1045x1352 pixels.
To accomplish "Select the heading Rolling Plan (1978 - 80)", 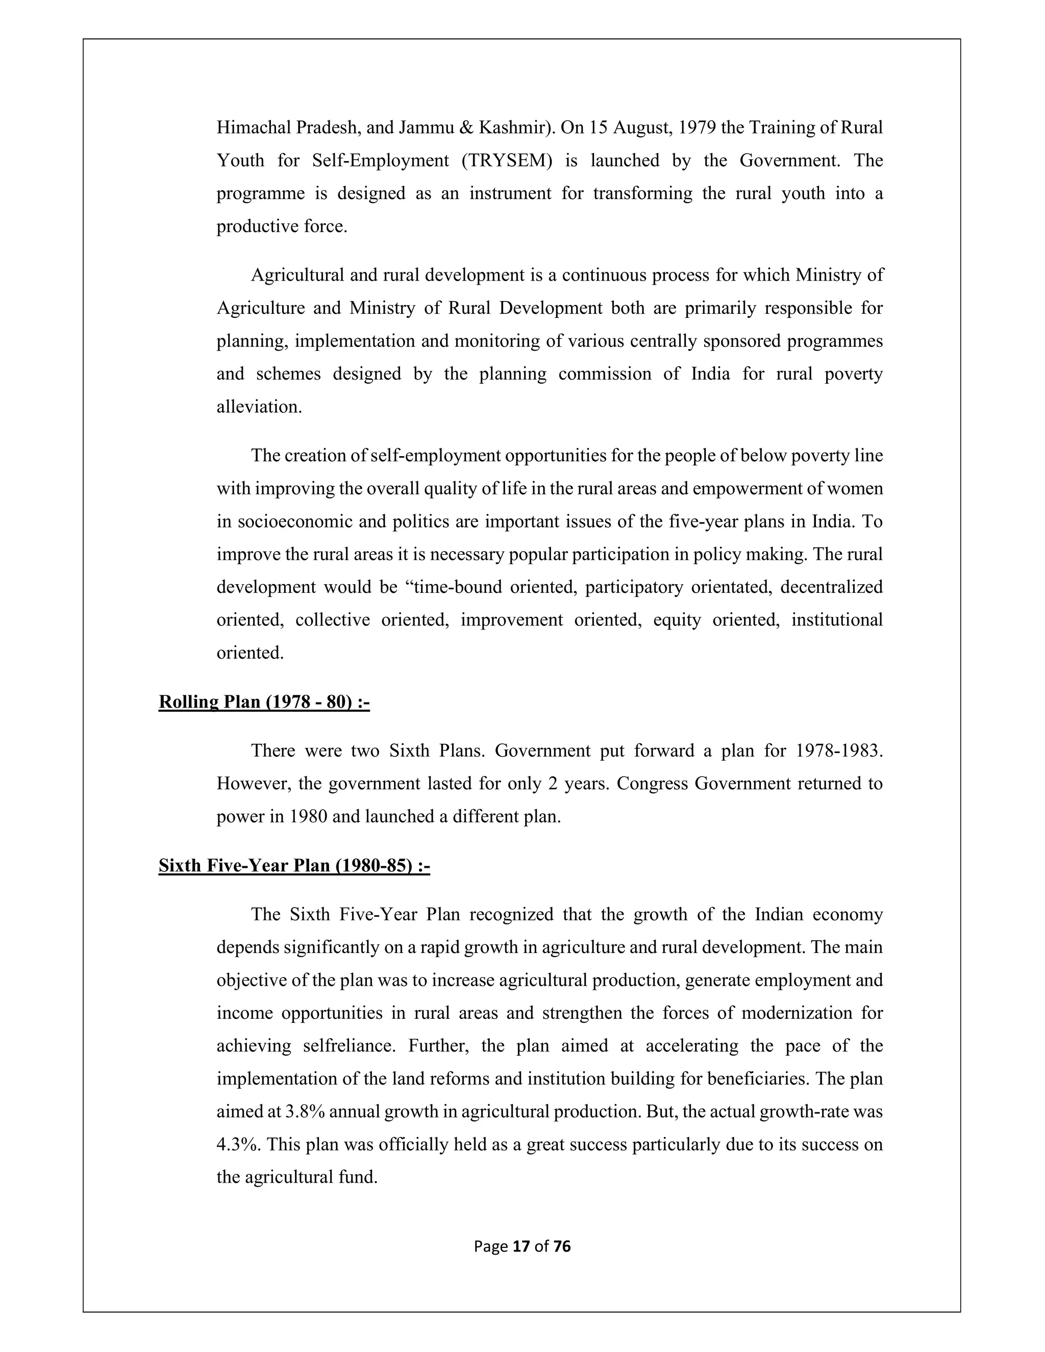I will [x=264, y=702].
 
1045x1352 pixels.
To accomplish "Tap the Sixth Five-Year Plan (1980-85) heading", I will [x=294, y=865].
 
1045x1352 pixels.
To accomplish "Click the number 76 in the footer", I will [x=561, y=1246].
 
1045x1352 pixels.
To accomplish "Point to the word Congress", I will [x=653, y=784].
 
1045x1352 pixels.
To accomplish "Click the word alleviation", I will [x=259, y=407].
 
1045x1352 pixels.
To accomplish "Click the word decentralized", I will [x=831, y=587].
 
